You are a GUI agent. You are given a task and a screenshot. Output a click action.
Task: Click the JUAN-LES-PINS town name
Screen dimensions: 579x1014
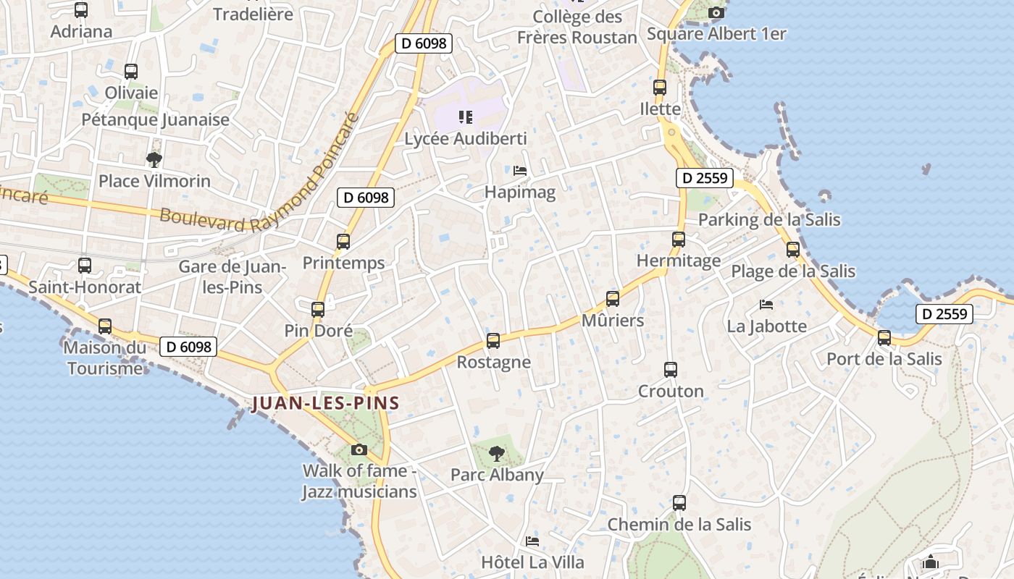pyautogui.click(x=325, y=403)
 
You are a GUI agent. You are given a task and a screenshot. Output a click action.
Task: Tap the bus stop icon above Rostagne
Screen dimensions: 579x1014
pyautogui.click(x=493, y=340)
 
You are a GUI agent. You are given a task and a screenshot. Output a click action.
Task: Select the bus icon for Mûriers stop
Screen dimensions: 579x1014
pyautogui.click(x=613, y=298)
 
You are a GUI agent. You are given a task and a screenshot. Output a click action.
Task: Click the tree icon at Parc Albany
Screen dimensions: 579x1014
pyautogui.click(x=497, y=454)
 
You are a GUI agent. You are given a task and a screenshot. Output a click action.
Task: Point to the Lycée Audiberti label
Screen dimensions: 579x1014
pyautogui.click(x=465, y=138)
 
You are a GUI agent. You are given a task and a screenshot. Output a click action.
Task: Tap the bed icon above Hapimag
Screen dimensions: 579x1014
pyautogui.click(x=520, y=171)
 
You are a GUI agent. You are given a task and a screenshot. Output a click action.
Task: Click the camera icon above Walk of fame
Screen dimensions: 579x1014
pyautogui.click(x=359, y=449)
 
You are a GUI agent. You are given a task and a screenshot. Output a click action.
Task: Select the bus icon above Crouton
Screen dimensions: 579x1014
pyautogui.click(x=671, y=370)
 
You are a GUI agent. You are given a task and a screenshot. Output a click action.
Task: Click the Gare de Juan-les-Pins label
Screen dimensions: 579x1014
pyautogui.click(x=232, y=276)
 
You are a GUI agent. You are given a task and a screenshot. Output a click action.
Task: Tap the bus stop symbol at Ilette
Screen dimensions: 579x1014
pyautogui.click(x=660, y=88)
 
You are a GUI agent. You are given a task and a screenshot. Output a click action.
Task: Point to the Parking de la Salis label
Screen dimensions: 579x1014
pyautogui.click(x=769, y=219)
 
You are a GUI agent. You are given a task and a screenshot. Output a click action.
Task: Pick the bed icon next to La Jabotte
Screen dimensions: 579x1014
pyautogui.click(x=766, y=305)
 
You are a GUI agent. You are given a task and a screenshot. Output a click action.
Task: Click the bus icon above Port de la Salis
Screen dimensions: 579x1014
pyautogui.click(x=884, y=337)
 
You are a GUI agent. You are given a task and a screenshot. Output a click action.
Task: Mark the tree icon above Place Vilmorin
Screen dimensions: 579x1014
pyautogui.click(x=154, y=159)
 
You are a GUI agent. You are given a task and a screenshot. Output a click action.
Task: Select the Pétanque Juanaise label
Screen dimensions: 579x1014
pyautogui.click(x=155, y=119)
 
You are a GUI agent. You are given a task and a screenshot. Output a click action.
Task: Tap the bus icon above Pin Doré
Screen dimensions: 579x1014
pyautogui.click(x=317, y=310)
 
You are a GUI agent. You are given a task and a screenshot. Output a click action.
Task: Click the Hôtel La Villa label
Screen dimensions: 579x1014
pyautogui.click(x=532, y=562)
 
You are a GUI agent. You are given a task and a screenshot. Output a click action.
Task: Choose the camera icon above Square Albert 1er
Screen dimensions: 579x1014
pyautogui.click(x=716, y=12)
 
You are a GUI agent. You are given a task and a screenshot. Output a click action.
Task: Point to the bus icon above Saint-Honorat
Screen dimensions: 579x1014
pyautogui.click(x=85, y=266)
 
